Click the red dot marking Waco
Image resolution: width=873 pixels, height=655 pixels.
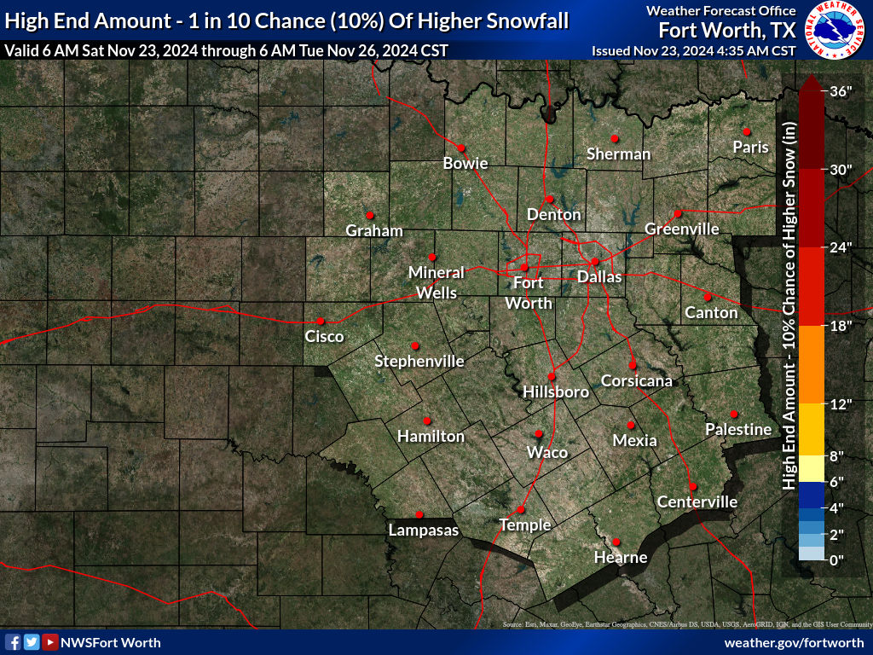click(538, 434)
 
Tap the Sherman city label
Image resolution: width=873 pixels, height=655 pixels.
click(618, 154)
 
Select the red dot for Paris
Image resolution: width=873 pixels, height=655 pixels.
click(745, 131)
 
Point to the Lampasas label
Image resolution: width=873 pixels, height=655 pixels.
click(423, 530)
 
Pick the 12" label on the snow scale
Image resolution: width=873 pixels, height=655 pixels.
click(841, 404)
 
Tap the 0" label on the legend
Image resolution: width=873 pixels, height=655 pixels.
click(836, 559)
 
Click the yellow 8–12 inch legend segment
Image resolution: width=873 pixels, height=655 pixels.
click(812, 429)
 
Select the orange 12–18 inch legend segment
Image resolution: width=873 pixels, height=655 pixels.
click(812, 364)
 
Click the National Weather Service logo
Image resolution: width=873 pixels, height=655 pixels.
click(835, 30)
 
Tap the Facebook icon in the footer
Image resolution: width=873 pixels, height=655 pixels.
click(14, 642)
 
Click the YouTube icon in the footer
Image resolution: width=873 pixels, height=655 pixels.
click(50, 642)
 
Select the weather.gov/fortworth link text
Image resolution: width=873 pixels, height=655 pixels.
click(794, 642)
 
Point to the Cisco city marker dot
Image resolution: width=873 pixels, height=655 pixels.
click(321, 321)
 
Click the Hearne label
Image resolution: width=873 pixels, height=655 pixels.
click(621, 558)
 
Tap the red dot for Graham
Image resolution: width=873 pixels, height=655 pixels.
click(370, 214)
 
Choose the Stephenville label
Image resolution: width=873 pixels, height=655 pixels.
click(419, 362)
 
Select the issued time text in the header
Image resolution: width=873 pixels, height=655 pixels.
click(693, 50)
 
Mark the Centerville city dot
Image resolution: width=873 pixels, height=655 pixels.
click(693, 486)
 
